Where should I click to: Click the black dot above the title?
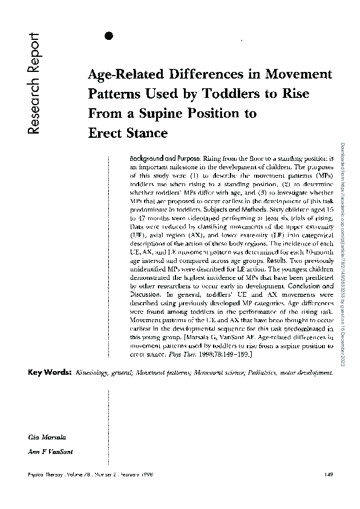(x=110, y=35)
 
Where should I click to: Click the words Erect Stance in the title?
(x=128, y=131)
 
